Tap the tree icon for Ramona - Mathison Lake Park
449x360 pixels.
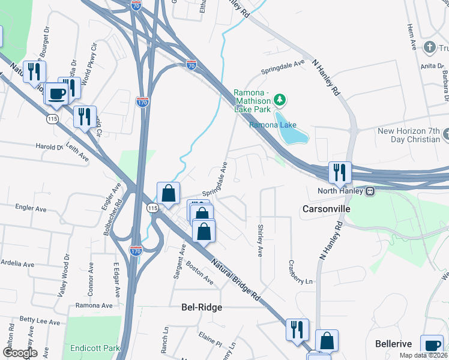(x=279, y=99)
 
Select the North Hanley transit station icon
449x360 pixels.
(x=371, y=191)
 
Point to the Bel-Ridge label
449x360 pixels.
(x=202, y=307)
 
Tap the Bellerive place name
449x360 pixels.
(x=393, y=344)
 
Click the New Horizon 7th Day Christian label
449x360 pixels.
(x=408, y=135)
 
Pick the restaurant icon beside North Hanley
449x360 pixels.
(x=340, y=172)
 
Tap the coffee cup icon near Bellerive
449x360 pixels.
(x=432, y=345)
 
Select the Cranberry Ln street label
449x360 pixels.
(x=301, y=272)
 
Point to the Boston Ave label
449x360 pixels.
(x=199, y=272)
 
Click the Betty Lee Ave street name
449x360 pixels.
(x=40, y=320)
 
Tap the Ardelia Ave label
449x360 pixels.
(x=16, y=263)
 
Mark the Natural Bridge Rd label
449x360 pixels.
(x=236, y=280)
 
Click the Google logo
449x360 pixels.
(x=19, y=353)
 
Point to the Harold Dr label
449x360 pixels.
(x=49, y=146)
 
